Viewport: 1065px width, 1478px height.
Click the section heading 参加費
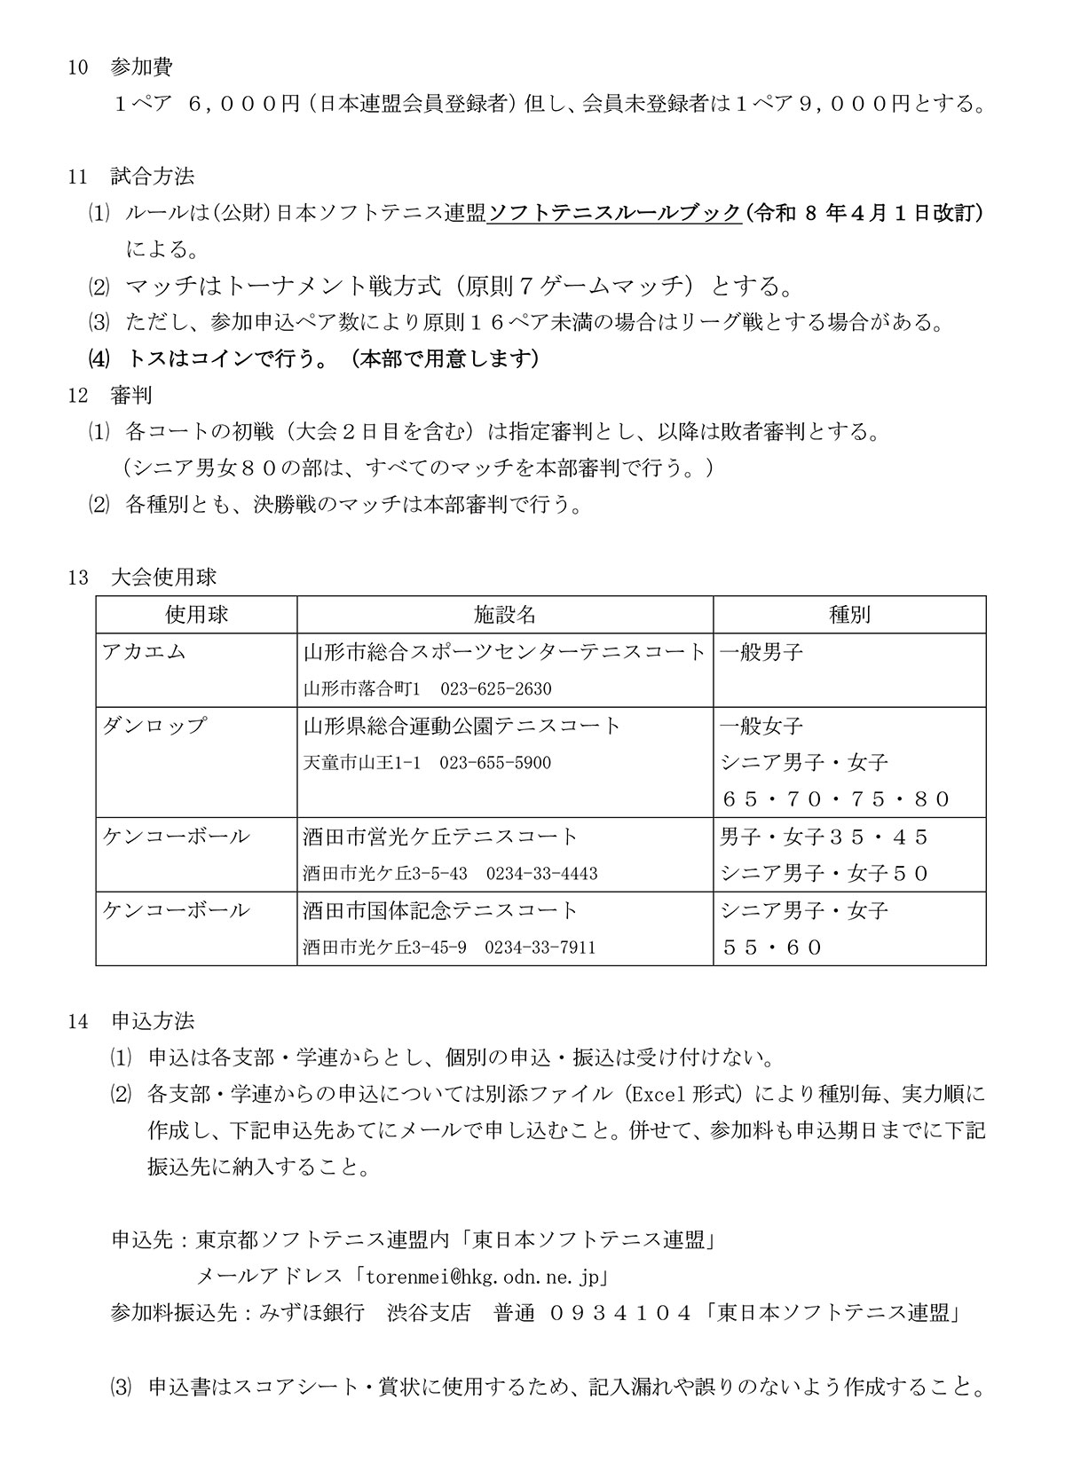[141, 67]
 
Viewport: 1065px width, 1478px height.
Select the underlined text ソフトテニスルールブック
[615, 213]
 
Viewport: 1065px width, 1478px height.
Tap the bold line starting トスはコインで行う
[333, 358]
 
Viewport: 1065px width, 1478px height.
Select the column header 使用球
[196, 615]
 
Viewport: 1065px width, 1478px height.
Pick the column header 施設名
[504, 615]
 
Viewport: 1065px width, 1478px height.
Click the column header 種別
[848, 615]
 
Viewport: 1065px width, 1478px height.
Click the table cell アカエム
[145, 652]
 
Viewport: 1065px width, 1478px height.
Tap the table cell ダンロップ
[154, 726]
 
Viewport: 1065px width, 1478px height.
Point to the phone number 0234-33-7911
[540, 947]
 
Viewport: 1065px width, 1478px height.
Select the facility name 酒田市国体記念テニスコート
[440, 910]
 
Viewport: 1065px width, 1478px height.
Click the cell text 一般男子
[761, 652]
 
